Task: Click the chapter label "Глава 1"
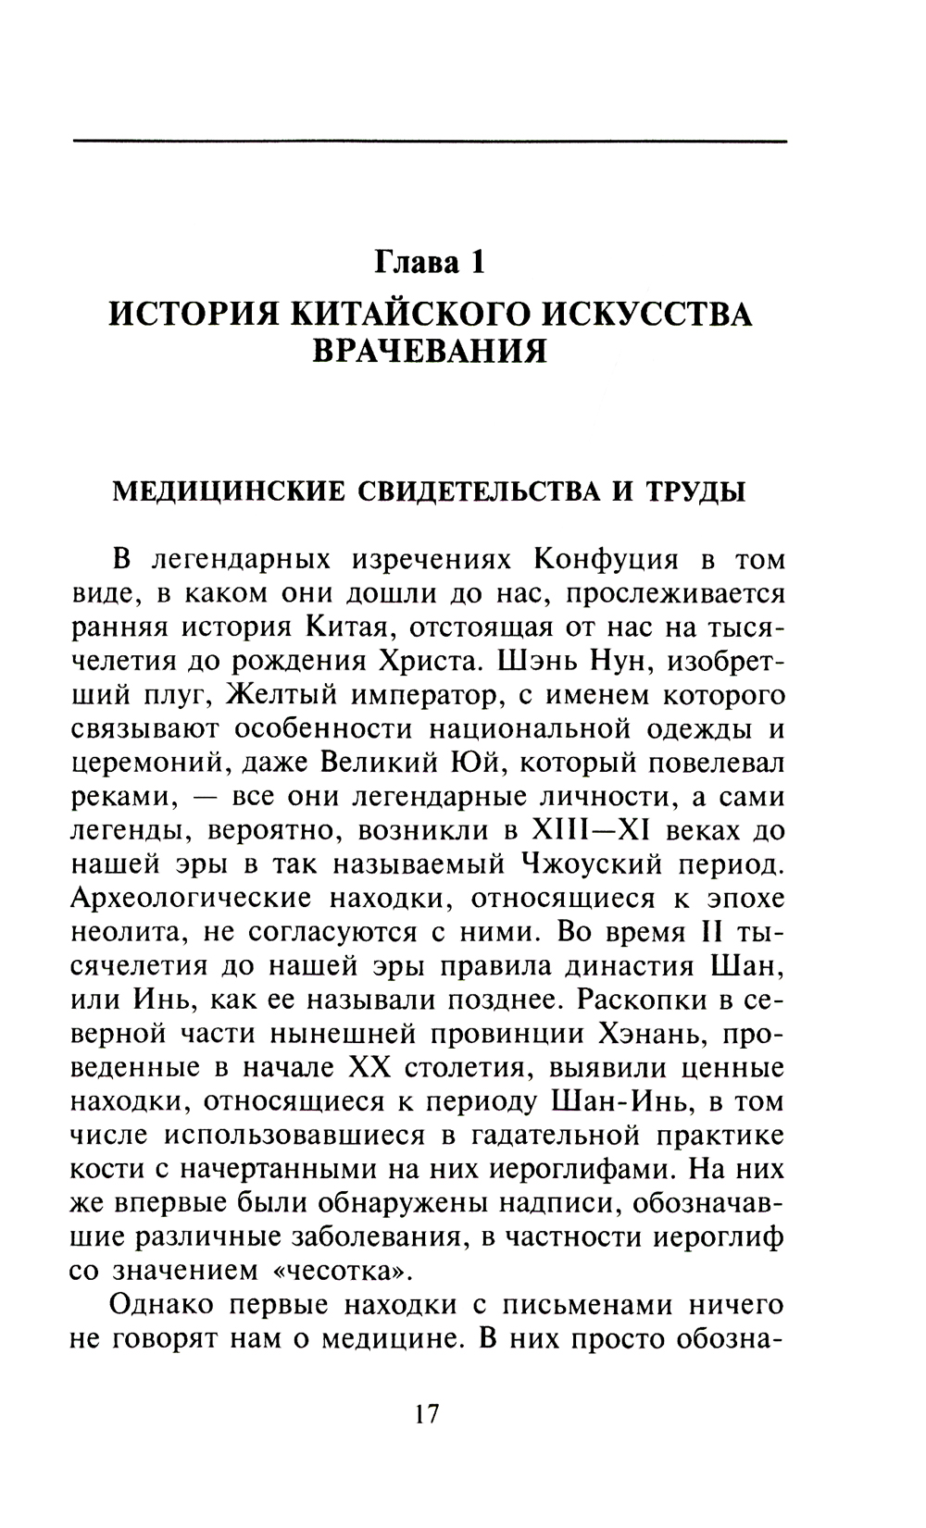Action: [429, 262]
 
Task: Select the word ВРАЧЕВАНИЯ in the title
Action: [429, 352]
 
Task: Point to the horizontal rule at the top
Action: [429, 141]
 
